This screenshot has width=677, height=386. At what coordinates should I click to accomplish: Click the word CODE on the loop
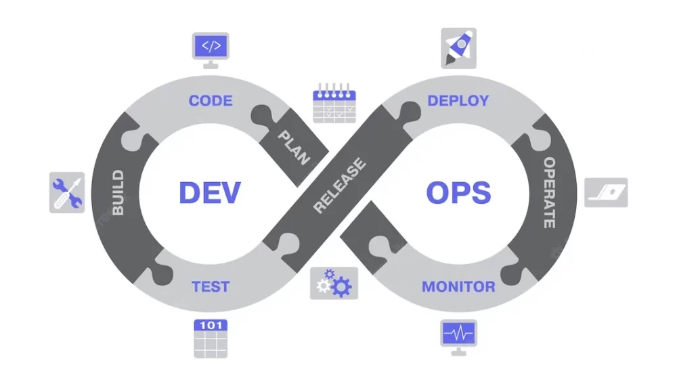211,101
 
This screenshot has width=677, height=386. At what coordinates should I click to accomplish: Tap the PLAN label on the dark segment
293,148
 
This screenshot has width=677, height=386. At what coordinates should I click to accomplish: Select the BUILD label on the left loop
118,194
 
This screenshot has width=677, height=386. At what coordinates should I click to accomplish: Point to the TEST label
211,286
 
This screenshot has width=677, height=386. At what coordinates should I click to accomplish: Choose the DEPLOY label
458,101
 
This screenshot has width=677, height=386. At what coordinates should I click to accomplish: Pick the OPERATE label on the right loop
549,193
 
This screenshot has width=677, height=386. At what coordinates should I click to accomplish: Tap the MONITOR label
458,286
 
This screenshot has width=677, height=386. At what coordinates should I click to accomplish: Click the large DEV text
209,193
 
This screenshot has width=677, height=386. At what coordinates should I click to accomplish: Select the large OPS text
458,193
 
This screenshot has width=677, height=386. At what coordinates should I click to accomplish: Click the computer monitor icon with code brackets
211,49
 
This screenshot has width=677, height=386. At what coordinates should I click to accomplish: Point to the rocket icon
458,48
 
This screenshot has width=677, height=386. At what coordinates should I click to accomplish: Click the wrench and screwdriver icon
67,192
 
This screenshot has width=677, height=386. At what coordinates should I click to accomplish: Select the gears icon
334,283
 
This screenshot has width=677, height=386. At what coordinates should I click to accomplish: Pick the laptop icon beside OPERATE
606,192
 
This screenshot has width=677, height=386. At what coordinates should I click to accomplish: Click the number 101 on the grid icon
211,326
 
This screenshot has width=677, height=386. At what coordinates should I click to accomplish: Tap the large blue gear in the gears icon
341,287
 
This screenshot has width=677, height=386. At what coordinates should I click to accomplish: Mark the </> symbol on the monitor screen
211,46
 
